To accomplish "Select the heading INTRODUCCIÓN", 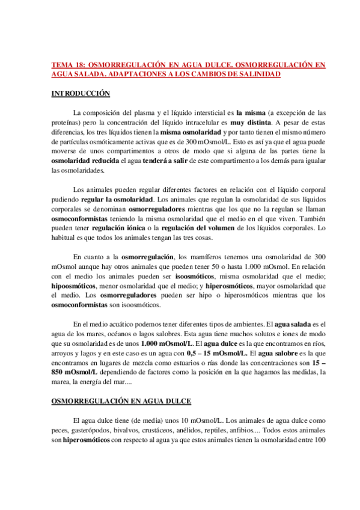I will [x=81, y=94].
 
